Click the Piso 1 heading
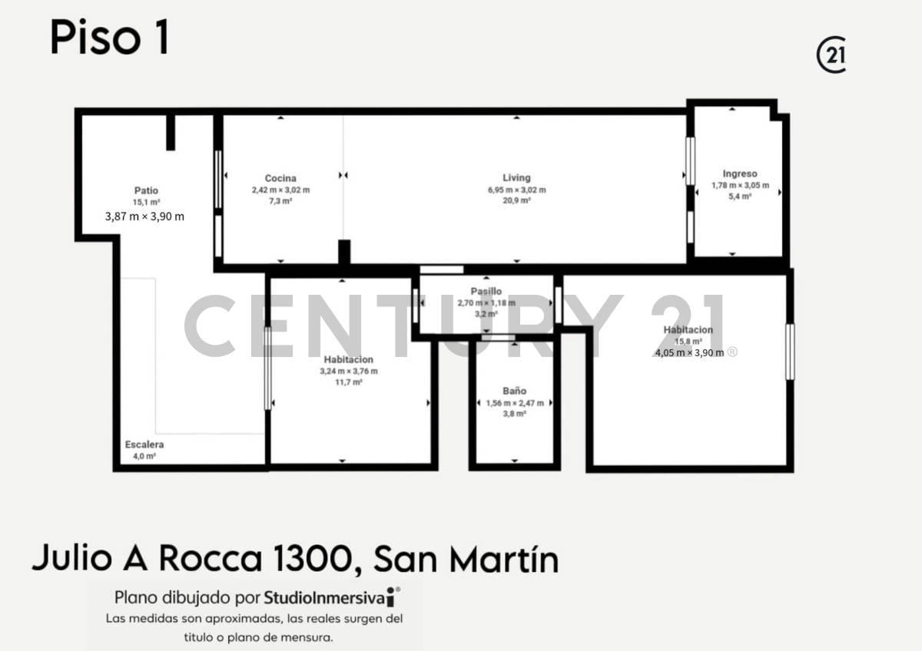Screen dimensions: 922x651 [x=109, y=38]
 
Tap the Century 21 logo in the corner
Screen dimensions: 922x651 [x=831, y=55]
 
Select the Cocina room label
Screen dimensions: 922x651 [x=280, y=178]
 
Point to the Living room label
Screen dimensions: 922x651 [x=516, y=177]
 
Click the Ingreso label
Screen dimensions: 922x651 [x=740, y=173]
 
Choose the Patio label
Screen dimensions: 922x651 [x=146, y=190]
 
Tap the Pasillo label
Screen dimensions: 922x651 [x=486, y=291]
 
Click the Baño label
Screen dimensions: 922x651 [x=514, y=391]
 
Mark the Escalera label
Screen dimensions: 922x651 [x=144, y=444]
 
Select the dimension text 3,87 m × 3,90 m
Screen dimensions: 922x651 [x=144, y=216]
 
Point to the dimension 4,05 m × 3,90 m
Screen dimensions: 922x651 [x=689, y=352]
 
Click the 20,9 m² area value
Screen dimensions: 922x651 [x=516, y=200]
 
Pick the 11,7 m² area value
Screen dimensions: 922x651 [x=348, y=382]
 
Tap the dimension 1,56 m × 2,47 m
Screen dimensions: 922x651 [x=515, y=403]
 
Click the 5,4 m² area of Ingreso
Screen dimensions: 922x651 [x=740, y=197]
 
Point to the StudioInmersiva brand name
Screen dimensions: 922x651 [x=325, y=597]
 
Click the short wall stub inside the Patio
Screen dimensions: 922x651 [x=171, y=132]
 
